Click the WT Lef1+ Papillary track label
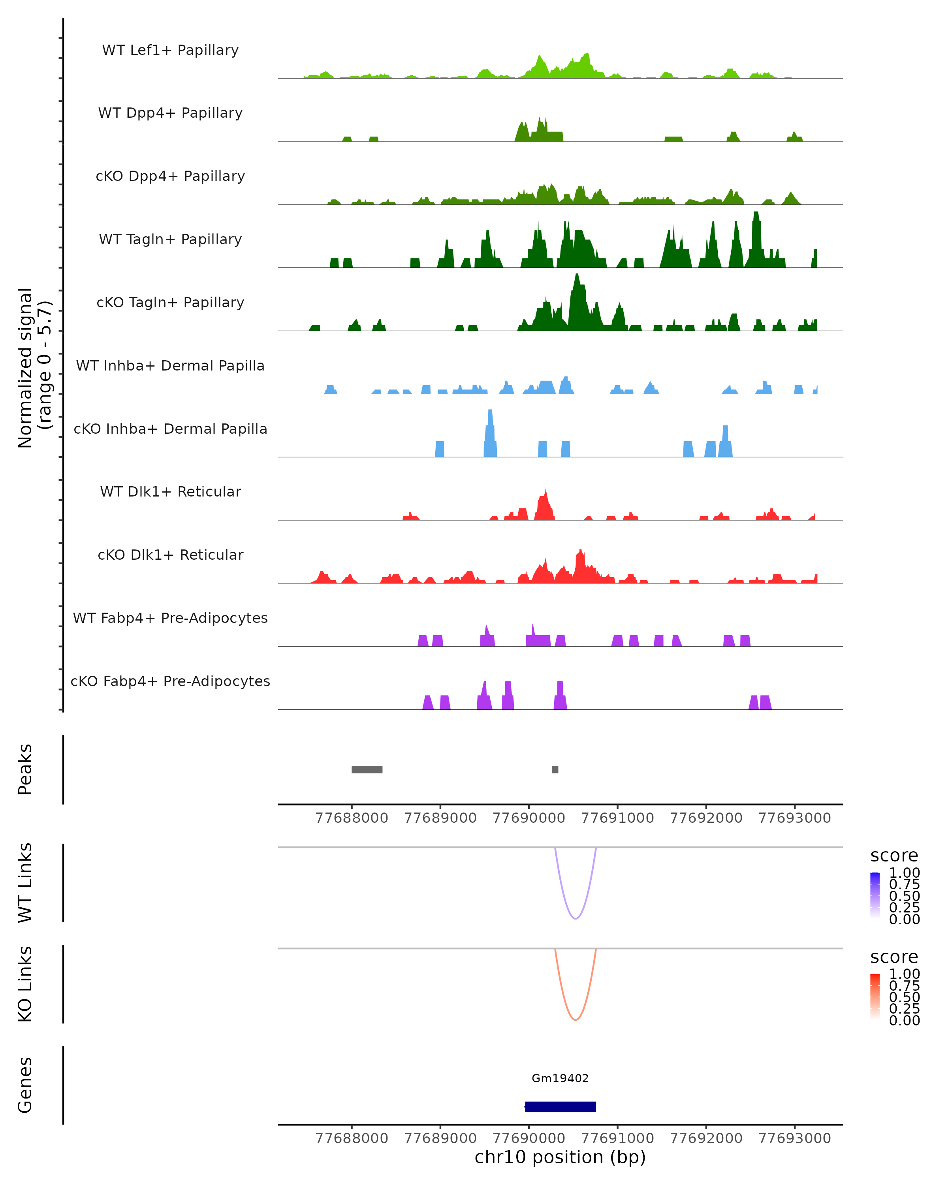[170, 50]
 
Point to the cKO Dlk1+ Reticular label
[170, 555]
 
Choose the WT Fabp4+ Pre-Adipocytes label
[170, 618]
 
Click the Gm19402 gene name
[560, 1078]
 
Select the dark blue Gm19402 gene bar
[560, 1106]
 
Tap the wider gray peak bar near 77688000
[367, 769]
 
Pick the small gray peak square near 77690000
[555, 769]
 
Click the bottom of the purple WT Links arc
[576, 918]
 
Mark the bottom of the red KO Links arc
[576, 1019]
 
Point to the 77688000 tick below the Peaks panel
[352, 818]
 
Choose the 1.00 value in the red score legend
[904, 973]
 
